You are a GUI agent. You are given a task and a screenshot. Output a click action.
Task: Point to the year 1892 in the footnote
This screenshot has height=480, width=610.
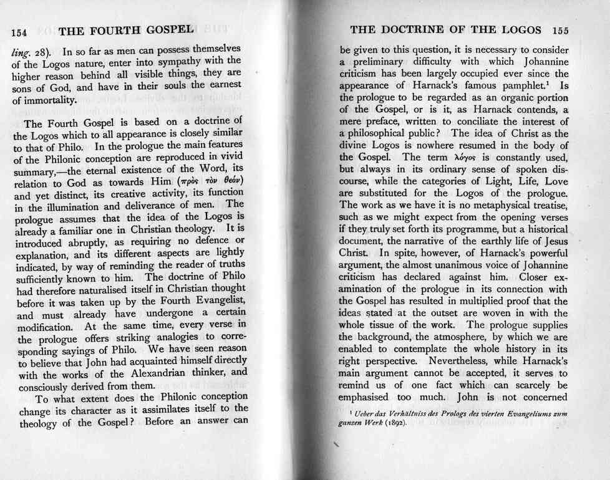394,423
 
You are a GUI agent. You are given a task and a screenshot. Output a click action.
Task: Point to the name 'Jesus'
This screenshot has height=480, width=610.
554,241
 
